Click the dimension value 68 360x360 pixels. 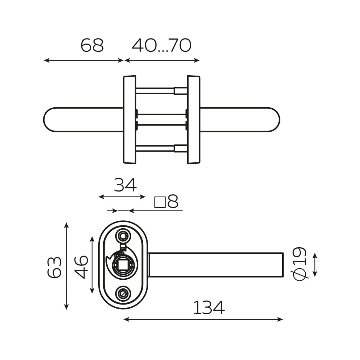[x=92, y=45]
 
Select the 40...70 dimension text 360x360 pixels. [x=162, y=45]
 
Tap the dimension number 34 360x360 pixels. [x=125, y=185]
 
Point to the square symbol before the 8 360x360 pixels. [x=160, y=202]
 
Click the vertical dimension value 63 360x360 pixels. [x=55, y=267]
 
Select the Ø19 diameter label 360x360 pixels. [x=300, y=264]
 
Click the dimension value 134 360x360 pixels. [x=209, y=308]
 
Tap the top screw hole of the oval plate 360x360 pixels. [x=123, y=236]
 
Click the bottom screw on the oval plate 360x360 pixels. [x=123, y=294]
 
